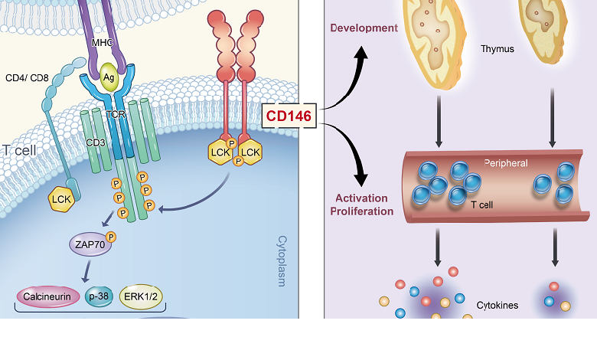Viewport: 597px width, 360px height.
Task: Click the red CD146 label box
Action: (x=292, y=116)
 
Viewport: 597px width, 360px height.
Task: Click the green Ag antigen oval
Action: (x=113, y=80)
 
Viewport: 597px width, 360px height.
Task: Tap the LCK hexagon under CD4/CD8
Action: (x=62, y=199)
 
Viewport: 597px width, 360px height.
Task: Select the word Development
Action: (x=364, y=28)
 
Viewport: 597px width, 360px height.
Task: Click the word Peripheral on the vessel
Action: (x=506, y=164)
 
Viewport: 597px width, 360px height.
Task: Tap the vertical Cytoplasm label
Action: (x=280, y=260)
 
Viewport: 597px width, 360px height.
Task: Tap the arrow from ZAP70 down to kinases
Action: (x=90, y=270)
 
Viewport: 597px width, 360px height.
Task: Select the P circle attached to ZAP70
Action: (x=112, y=237)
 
